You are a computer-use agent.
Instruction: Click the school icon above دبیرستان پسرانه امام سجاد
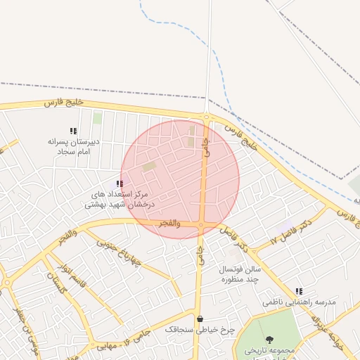tap(73, 131)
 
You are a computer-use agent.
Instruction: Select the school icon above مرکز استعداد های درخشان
tap(119, 184)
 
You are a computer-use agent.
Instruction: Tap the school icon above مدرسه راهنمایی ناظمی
tap(299, 291)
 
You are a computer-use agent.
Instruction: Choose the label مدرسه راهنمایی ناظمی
tap(300, 302)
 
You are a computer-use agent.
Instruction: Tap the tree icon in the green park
tap(270, 340)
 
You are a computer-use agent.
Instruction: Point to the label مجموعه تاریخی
tap(274, 350)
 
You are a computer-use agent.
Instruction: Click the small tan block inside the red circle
tap(149, 167)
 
